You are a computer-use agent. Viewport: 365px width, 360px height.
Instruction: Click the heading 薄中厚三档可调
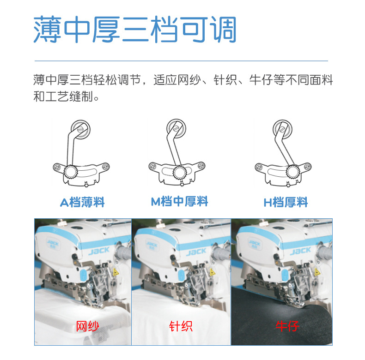coord(135,30)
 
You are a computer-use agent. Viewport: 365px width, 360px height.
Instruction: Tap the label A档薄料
coord(82,202)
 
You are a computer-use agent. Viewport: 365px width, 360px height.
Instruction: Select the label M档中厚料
coord(179,202)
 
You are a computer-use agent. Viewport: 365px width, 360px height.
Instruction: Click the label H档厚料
coord(286,202)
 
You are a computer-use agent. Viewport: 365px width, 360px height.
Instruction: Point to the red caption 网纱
coord(87,327)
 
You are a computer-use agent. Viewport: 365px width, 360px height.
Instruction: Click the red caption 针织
coord(181,327)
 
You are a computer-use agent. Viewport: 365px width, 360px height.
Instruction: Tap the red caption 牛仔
coord(287,327)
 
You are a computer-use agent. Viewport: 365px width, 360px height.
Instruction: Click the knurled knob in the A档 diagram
coord(71,172)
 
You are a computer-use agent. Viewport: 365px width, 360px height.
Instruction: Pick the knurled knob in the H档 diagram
coord(292,172)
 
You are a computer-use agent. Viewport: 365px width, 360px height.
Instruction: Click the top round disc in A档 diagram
coord(80,129)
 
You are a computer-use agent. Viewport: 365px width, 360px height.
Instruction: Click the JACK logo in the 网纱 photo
coord(99,251)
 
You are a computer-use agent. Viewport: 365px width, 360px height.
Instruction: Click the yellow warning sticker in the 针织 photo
coord(213,273)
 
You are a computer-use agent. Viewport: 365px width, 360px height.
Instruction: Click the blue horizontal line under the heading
coord(181,61)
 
